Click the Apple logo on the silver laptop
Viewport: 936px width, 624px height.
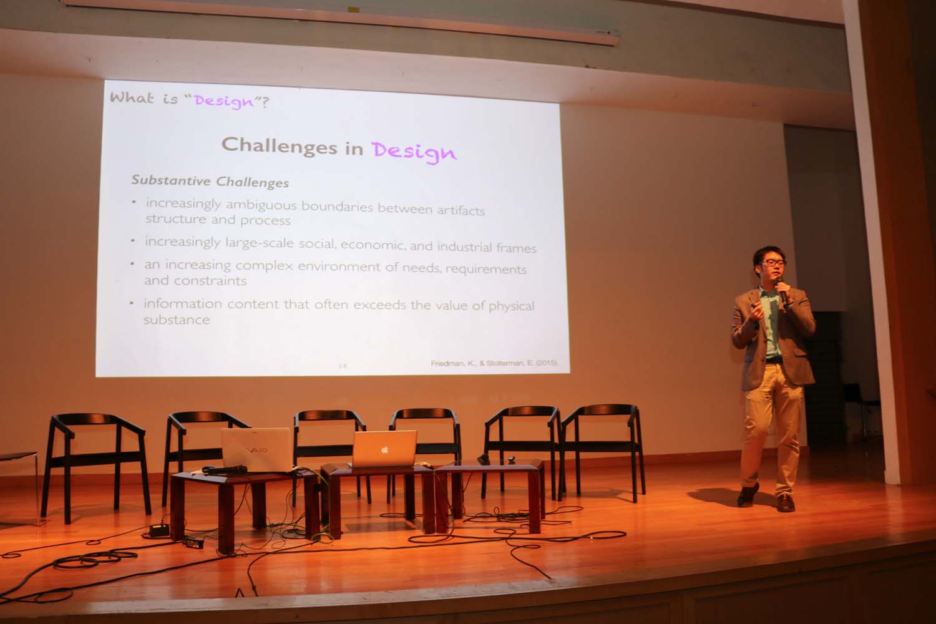click(385, 450)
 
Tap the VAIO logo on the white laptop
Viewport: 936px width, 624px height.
click(256, 450)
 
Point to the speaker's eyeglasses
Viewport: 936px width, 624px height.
click(774, 263)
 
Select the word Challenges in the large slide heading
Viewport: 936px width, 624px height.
click(279, 145)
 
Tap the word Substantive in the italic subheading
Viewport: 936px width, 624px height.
click(171, 180)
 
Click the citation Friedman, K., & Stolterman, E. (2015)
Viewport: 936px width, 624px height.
click(494, 363)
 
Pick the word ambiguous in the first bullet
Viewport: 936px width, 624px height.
click(261, 205)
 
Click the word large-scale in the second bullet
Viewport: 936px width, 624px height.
click(260, 243)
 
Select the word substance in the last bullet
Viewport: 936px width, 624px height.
click(177, 319)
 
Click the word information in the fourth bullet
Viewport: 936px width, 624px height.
click(183, 303)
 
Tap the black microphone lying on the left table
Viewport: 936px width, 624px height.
click(225, 470)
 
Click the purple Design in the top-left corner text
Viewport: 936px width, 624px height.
click(224, 102)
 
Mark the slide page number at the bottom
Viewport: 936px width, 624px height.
click(343, 366)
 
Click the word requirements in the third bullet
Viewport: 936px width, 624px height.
click(486, 269)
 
